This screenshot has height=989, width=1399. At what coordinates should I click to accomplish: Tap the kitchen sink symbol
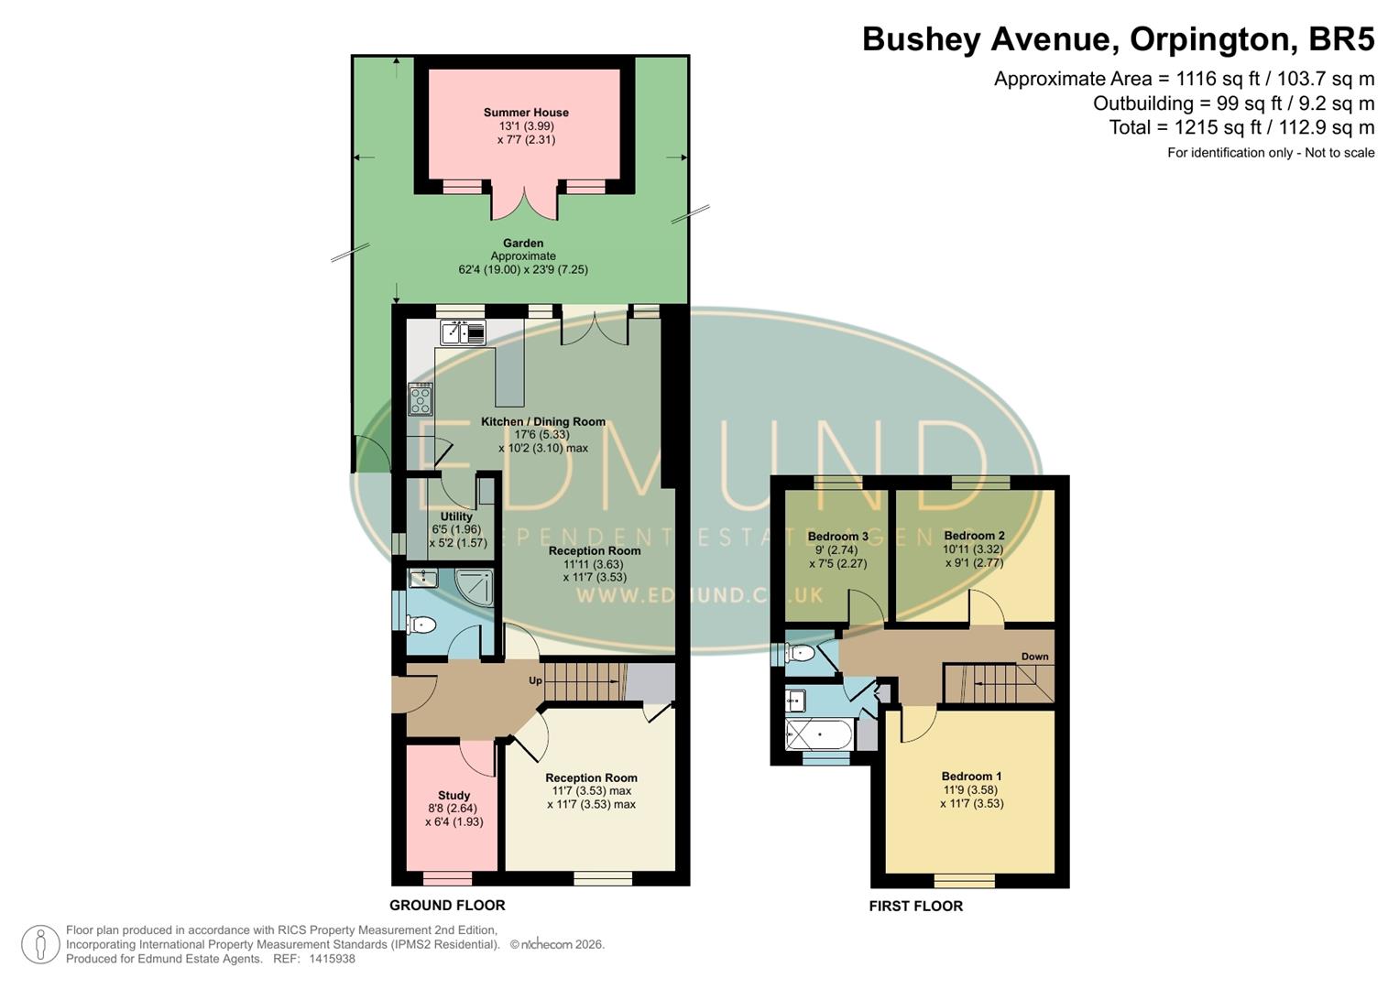463,331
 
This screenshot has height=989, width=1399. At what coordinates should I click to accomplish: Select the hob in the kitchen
421,399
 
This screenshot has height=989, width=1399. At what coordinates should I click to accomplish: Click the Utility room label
456,516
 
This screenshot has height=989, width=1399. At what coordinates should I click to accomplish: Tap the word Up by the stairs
536,680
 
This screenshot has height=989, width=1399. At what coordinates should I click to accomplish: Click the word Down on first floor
1034,657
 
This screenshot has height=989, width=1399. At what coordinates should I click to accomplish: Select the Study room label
454,795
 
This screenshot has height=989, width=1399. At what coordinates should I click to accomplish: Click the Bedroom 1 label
971,777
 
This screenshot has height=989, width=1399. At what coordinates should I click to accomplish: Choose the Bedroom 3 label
837,537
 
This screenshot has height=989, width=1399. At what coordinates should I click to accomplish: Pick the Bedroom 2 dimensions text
973,557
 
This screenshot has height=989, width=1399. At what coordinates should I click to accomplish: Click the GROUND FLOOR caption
447,905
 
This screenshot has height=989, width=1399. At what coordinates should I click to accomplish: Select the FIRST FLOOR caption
915,906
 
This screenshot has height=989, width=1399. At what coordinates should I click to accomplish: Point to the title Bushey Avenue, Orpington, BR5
1118,39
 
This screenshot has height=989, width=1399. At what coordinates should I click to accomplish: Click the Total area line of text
1241,127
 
